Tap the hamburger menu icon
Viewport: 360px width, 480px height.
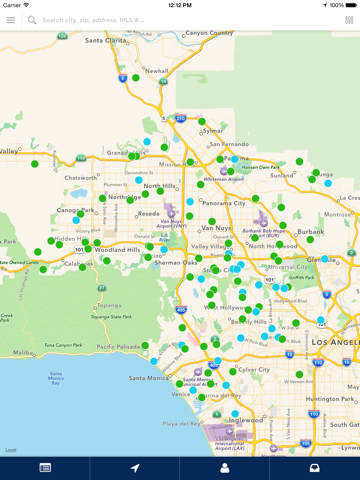[x=11, y=20]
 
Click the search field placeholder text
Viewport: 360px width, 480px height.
[x=86, y=20]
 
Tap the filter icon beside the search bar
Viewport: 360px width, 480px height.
[x=349, y=20]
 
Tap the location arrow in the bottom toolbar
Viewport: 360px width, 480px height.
[x=135, y=468]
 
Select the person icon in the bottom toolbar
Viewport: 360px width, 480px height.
[x=225, y=468]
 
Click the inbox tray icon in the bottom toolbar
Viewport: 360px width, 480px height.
[x=314, y=468]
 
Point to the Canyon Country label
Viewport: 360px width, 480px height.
[x=209, y=33]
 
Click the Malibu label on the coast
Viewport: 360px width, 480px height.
[x=22, y=353]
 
